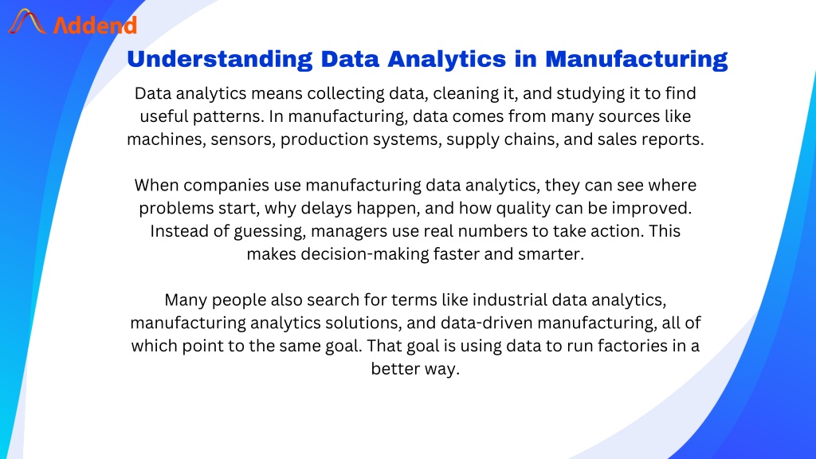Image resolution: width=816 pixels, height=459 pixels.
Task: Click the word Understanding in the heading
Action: click(220, 60)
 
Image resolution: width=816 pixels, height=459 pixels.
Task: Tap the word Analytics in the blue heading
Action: click(446, 60)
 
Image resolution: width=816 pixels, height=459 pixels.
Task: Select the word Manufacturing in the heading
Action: click(636, 60)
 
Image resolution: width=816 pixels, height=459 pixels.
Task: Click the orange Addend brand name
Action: click(96, 25)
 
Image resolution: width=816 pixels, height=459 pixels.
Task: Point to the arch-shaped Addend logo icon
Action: click(27, 22)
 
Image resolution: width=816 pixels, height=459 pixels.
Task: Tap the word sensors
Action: click(242, 139)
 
